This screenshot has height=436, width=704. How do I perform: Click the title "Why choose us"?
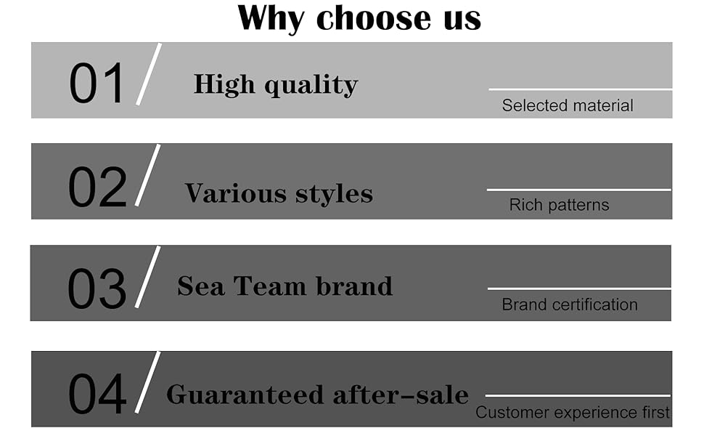pos(359,18)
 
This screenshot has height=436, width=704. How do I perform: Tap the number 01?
pos(97,83)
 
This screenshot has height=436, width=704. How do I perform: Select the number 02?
pos(97,187)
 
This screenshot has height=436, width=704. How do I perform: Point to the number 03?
pos(97,288)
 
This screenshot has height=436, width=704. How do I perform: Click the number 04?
pos(97,394)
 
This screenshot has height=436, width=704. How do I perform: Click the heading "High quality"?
pos(276,85)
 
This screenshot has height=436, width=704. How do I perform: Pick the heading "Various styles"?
pos(279,193)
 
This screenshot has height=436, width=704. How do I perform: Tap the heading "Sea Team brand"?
pos(285,286)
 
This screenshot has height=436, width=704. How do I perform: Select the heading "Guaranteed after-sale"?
pos(317,395)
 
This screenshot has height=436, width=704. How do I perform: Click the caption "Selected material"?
pos(568,106)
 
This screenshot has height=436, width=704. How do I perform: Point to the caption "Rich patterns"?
pos(559,206)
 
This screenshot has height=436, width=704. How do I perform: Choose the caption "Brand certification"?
pos(570,304)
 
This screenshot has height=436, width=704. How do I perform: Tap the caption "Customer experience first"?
pos(573,413)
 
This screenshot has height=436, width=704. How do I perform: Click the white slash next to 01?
pos(149,74)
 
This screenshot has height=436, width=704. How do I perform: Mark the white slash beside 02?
pos(147,175)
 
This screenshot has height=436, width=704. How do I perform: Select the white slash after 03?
pos(147,276)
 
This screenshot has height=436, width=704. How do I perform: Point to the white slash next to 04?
pos(147,382)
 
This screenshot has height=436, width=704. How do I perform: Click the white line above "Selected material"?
pos(581,89)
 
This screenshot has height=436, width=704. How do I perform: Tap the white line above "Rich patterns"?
pos(578,190)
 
